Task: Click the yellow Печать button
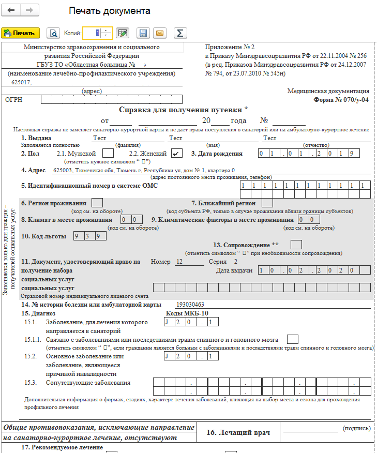coord(21,33)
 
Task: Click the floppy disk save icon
coord(143,33)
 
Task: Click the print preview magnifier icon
coord(53,33)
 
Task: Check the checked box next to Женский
coord(176,154)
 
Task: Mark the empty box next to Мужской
coord(108,154)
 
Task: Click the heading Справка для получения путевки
coord(183,110)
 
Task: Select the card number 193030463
coord(190,305)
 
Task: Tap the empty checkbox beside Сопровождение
coord(296,244)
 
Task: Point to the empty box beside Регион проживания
coord(97,203)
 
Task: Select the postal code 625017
coord(21,83)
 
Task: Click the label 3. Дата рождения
coord(217,154)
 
